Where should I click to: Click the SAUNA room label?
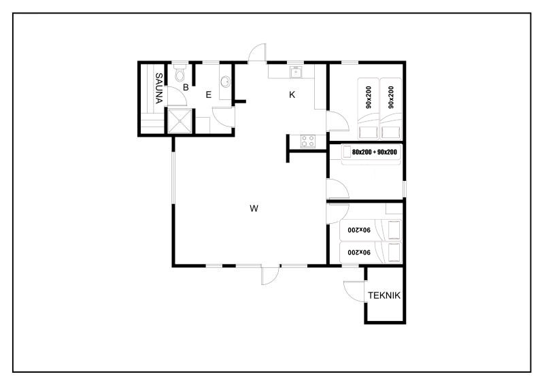click(158, 88)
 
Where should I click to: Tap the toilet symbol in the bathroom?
click(180, 73)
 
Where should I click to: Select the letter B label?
click(186, 88)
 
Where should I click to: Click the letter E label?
click(209, 95)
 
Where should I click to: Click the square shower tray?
click(180, 121)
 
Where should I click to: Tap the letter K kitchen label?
click(292, 95)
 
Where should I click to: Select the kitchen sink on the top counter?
click(296, 72)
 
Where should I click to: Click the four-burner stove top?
click(308, 141)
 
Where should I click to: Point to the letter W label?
click(254, 208)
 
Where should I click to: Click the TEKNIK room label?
click(384, 295)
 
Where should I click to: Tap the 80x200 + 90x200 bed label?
click(375, 152)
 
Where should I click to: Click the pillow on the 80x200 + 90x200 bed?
click(347, 152)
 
